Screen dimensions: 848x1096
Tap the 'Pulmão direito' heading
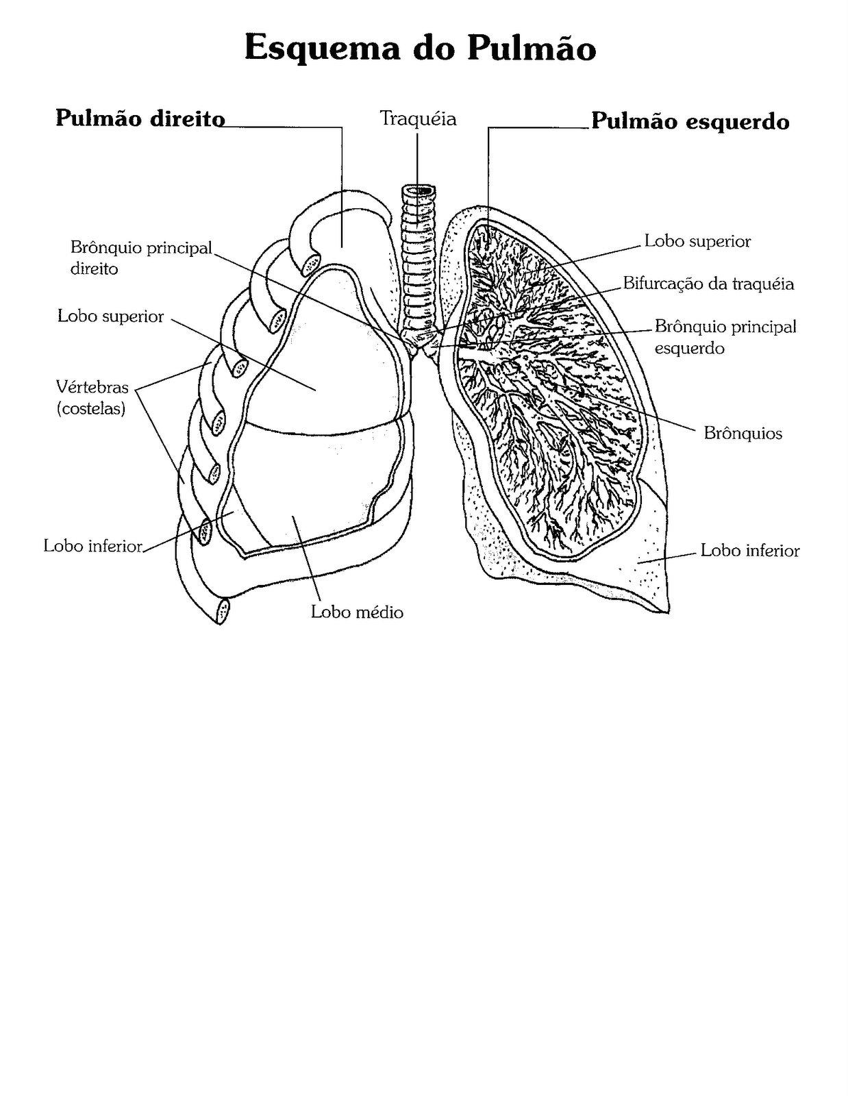coord(140,119)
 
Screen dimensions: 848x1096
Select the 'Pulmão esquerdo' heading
coord(690,121)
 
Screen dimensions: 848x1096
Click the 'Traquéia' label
coord(417,119)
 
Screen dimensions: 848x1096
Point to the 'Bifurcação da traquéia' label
coord(708,284)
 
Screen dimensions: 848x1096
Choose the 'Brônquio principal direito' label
coord(141,258)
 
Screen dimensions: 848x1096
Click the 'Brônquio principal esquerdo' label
coord(725,337)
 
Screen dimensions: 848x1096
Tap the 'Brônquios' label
coord(743,433)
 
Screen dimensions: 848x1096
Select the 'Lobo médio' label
coord(357,612)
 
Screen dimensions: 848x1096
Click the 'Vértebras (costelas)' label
coord(92,397)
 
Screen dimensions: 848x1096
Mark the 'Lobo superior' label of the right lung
coord(110,316)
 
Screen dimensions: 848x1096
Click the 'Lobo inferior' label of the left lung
coord(749,550)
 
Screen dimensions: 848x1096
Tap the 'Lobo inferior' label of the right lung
coord(93,546)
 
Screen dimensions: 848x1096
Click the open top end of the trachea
coord(419,190)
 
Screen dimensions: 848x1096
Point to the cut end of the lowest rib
coord(222,612)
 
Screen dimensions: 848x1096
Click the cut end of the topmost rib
coord(310,264)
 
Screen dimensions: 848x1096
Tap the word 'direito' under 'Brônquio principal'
coord(95,269)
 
